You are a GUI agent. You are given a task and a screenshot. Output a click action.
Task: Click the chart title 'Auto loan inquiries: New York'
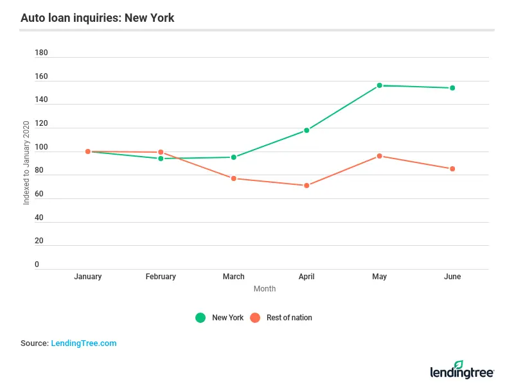pos(97,18)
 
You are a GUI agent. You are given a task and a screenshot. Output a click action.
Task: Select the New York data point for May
pos(379,85)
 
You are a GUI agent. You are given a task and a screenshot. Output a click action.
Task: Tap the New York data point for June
pos(452,88)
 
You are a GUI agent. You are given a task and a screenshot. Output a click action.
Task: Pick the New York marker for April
pos(306,130)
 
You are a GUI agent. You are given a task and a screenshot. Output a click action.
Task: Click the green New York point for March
pos(234,157)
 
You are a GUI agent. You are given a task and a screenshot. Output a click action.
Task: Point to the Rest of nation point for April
pos(306,186)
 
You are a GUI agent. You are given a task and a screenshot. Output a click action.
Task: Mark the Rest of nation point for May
pos(379,156)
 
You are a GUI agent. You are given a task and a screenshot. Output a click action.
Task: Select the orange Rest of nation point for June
pos(452,169)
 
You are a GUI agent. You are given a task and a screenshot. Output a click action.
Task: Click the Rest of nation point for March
pos(234,178)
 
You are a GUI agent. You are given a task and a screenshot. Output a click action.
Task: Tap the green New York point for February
pos(161,159)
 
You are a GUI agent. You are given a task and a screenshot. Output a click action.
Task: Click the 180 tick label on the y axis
pos(41,53)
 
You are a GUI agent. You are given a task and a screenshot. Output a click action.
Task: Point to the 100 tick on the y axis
pos(41,148)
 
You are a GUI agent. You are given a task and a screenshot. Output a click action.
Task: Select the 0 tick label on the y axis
pos(37,264)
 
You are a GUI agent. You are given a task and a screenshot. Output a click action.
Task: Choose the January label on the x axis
pos(88,277)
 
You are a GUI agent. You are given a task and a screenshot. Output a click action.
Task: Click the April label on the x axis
pos(306,277)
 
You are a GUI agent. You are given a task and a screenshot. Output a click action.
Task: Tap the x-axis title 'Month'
pos(265,289)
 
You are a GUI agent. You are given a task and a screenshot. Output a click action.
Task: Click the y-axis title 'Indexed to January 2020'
pos(26,163)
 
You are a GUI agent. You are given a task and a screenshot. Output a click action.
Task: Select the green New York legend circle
pos(201,318)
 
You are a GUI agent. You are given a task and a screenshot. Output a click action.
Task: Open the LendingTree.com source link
pos(84,343)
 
